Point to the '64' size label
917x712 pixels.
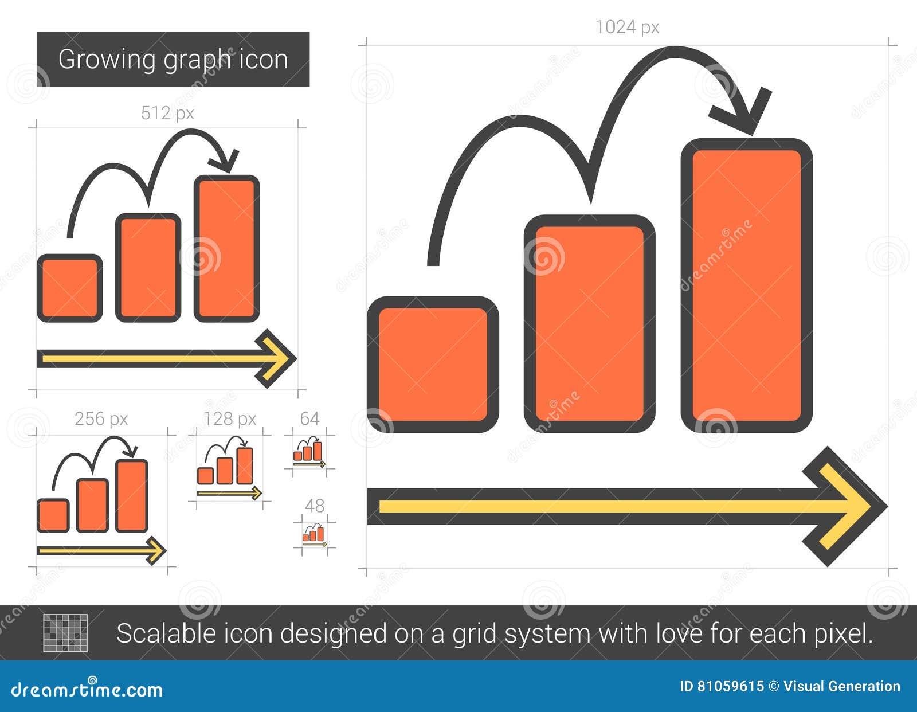coord(309,418)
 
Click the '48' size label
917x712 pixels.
coord(315,506)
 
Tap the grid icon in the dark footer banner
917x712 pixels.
coord(66,633)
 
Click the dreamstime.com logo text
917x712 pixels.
coord(87,690)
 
